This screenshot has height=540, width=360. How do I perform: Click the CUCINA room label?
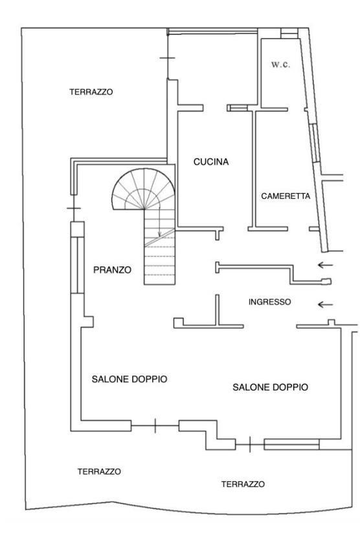coord(211,161)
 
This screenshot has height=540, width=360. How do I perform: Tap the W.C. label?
coord(280,64)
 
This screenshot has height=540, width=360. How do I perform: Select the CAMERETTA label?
coord(286,196)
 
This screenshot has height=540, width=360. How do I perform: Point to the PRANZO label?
coord(112,269)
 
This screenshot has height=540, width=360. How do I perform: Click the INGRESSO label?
coord(270,302)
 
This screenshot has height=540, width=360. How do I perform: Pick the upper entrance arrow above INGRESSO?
coord(325,265)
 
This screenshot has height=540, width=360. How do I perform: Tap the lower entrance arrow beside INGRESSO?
coord(325,304)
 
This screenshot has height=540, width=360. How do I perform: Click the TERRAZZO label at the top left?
coord(91,92)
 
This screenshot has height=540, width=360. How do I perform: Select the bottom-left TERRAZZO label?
coord(99,471)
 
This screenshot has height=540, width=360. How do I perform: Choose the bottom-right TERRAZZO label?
coord(243,484)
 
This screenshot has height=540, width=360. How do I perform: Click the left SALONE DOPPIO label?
coord(129,379)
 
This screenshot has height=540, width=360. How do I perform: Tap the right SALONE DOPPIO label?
coord(271,387)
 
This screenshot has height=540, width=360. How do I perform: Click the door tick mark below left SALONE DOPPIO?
coord(155,425)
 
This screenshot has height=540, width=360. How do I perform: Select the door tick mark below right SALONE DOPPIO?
coord(250,444)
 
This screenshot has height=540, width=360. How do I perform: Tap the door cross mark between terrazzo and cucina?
coord(168,58)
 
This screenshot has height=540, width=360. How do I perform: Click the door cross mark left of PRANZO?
coord(73,208)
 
